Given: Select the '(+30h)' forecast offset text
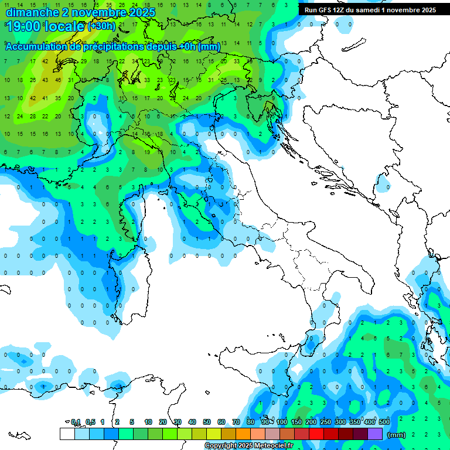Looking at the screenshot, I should click(101, 26).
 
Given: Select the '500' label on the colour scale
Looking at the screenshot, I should click(384, 422).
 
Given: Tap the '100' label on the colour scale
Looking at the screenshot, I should click(282, 422).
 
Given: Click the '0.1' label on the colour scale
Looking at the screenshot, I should click(75, 422).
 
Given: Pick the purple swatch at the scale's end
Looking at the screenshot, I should click(375, 434).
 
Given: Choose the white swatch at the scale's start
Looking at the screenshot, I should click(67, 434).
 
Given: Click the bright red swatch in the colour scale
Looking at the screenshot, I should click(316, 434).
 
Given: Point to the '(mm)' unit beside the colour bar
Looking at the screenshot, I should click(397, 435).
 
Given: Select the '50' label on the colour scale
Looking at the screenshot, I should click(207, 422).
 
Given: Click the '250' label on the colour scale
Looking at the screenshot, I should click(326, 422).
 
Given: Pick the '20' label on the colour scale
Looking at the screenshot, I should click(163, 422).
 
